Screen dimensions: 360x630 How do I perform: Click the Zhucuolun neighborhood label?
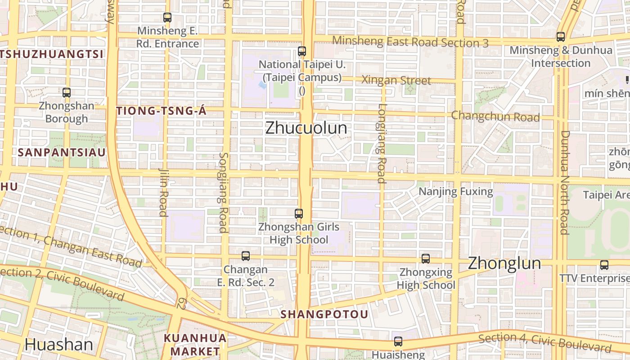[x=306, y=128]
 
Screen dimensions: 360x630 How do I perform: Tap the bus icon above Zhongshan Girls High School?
[x=298, y=213]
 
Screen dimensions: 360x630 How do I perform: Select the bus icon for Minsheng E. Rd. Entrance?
[x=167, y=18]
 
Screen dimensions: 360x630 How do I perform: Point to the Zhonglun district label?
[x=504, y=263]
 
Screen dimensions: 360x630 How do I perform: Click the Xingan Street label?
[x=396, y=81]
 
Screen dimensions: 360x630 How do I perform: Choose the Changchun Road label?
[x=495, y=116]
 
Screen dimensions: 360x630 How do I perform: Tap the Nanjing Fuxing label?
[x=456, y=192]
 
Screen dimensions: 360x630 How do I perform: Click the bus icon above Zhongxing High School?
[x=425, y=259]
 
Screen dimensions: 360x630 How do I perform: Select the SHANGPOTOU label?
[x=324, y=314]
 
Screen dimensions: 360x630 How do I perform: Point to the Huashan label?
[x=58, y=345]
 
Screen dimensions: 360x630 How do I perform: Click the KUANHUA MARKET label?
[x=195, y=344]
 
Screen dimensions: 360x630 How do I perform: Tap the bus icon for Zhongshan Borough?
[x=67, y=93]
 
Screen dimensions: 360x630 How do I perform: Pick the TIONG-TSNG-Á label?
[x=161, y=111]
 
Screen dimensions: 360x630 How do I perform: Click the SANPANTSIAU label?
[x=62, y=152]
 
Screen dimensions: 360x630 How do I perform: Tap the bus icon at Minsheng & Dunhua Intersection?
[x=560, y=37]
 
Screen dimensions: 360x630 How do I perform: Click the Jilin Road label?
[x=163, y=192]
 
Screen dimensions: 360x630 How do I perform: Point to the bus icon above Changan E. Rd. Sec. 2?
[x=245, y=256]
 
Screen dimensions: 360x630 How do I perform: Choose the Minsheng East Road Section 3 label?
[x=410, y=42]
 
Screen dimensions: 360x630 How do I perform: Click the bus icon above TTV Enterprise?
[x=604, y=265]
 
